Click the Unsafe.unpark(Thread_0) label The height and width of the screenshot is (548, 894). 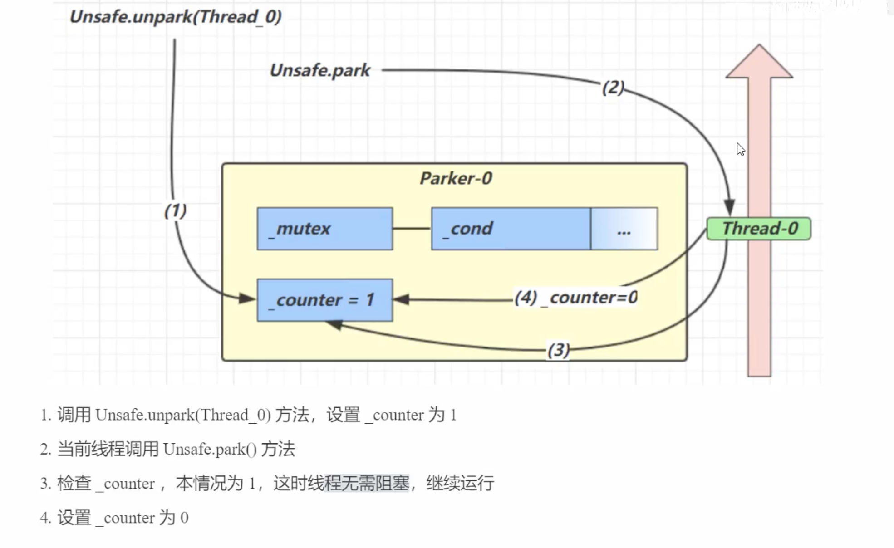[x=176, y=17]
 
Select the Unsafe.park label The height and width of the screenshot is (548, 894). [x=320, y=70]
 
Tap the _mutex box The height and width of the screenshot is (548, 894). [x=325, y=229]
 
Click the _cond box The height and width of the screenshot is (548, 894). [x=511, y=229]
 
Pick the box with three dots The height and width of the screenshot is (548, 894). [x=624, y=229]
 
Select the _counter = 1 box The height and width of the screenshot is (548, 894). [x=325, y=300]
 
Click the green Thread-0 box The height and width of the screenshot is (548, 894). [x=759, y=229]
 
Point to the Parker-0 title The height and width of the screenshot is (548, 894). [x=456, y=178]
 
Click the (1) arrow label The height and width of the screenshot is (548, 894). [x=175, y=211]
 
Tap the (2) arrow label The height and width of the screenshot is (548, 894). [x=613, y=87]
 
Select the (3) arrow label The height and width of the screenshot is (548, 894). [x=558, y=350]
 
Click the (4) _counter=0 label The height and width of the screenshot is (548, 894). [x=576, y=298]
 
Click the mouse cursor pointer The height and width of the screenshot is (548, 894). [x=740, y=149]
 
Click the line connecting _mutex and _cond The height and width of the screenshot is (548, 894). [x=412, y=229]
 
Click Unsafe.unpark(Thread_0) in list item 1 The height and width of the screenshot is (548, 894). [x=183, y=415]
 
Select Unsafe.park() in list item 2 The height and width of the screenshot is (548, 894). [x=210, y=450]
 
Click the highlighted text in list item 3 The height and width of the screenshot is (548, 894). [x=367, y=484]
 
